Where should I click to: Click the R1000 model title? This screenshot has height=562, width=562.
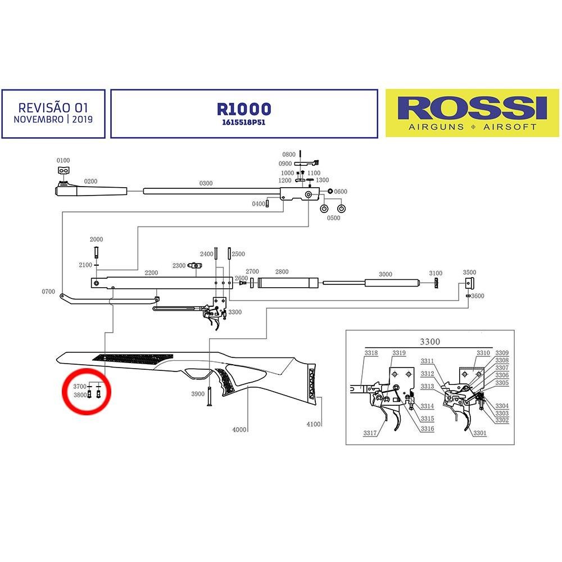coord(243,109)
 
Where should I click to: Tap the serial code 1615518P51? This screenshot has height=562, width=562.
coord(243,122)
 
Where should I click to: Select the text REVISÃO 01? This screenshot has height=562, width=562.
coord(53,107)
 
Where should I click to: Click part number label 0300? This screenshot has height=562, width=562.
coord(206,183)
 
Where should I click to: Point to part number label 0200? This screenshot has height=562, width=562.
coord(90,182)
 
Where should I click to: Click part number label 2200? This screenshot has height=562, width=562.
coord(151,273)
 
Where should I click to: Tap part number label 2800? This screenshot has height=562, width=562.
coord(282,272)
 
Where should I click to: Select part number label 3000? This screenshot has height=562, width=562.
coord(385,274)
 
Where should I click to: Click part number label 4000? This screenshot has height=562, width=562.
coord(240,430)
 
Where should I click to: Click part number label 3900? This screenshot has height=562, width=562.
coord(197,394)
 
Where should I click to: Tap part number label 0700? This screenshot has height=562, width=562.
coord(48,292)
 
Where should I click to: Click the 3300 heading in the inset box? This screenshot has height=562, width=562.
coord(430,341)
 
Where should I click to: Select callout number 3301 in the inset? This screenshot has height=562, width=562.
coord(479,433)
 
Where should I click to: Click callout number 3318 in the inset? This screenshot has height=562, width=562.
coord(371,353)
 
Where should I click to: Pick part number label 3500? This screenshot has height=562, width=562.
coord(469,272)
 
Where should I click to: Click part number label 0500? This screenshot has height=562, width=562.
coord(334,218)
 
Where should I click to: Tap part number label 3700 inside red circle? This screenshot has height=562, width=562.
coord(80,386)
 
